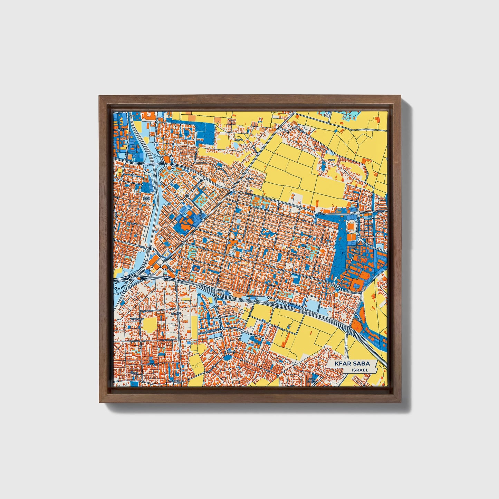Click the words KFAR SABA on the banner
[352, 364]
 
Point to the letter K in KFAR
[336, 364]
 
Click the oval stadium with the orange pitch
[352, 225]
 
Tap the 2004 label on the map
[134, 175]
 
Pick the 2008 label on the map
[147, 198]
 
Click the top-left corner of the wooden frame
[100, 96]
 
